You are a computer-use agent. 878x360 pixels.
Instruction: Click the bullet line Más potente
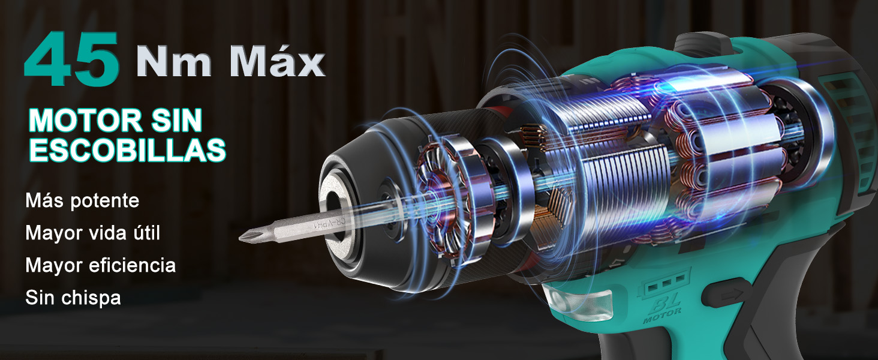[x=82, y=200]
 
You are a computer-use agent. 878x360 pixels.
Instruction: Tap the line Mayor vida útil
[x=92, y=233]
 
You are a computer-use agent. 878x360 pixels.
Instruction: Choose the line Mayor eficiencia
[x=100, y=265]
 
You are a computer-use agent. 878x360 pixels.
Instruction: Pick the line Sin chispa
[x=73, y=298]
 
